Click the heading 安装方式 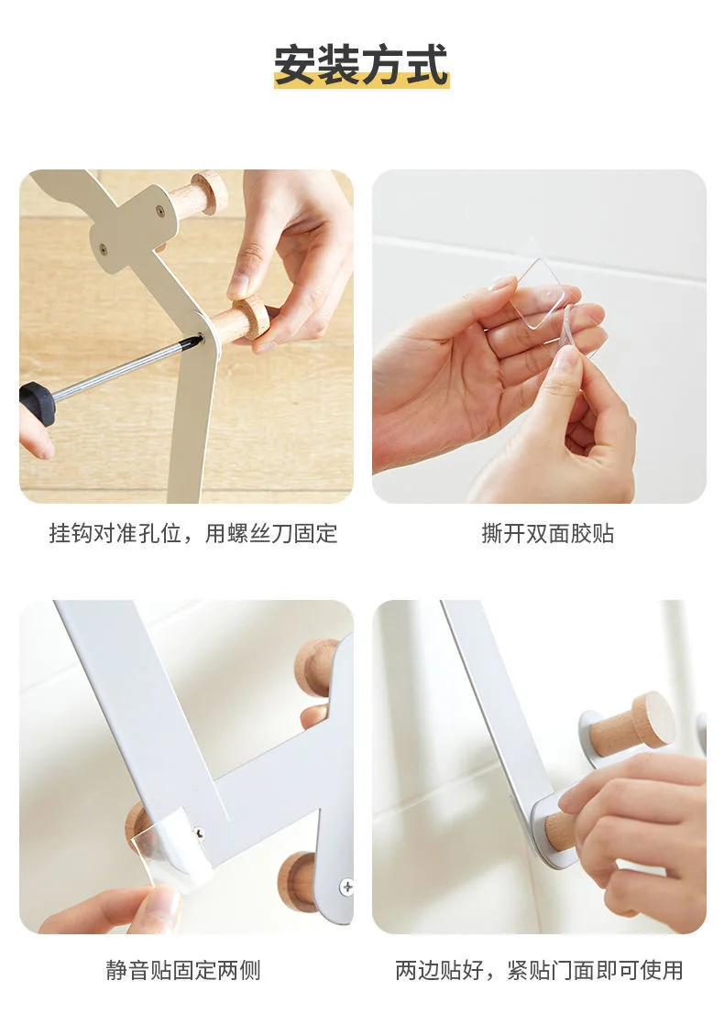(x=361, y=65)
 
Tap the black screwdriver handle (x=37, y=402)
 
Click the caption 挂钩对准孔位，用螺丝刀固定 (x=192, y=533)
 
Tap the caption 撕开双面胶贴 (x=548, y=533)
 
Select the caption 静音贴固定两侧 (x=183, y=970)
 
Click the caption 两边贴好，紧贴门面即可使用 (x=539, y=970)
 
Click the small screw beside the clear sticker (x=199, y=833)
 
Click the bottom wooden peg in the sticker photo (x=297, y=882)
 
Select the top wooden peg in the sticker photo (x=316, y=668)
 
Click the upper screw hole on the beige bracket (x=159, y=212)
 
